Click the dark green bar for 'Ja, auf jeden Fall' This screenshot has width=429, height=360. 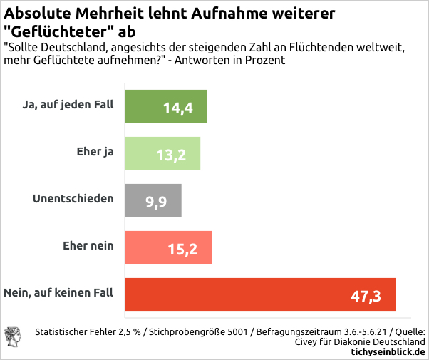pyautogui.click(x=143, y=106)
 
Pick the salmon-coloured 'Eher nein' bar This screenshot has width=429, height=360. pyautogui.click(x=143, y=247)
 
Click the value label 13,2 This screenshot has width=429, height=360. pyautogui.click(x=171, y=155)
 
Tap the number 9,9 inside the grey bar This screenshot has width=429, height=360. pyautogui.click(x=156, y=202)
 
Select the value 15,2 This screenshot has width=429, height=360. pyautogui.click(x=182, y=250)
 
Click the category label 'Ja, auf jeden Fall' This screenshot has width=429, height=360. pyautogui.click(x=68, y=106)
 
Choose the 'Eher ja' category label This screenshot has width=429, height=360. pyautogui.click(x=95, y=152)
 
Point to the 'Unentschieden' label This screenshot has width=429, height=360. pyautogui.click(x=73, y=199)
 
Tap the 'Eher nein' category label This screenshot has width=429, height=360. pyautogui.click(x=88, y=246)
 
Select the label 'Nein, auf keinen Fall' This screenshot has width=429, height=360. pyautogui.click(x=58, y=293)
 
